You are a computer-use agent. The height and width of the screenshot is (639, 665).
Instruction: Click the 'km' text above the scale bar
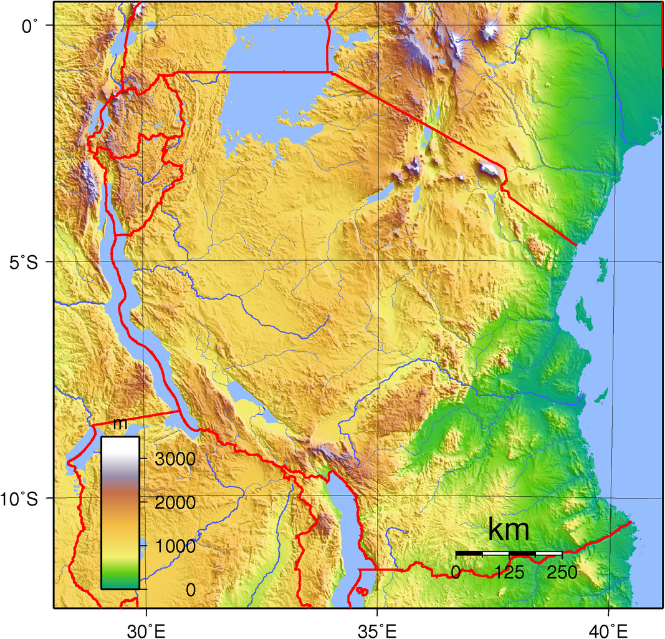click(x=509, y=530)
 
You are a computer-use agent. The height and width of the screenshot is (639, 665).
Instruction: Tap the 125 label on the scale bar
click(x=509, y=572)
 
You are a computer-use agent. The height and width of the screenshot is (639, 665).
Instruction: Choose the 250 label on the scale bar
click(x=562, y=572)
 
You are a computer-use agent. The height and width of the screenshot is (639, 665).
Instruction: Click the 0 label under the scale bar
click(x=456, y=572)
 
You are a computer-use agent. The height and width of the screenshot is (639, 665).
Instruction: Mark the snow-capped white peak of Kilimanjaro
click(x=491, y=169)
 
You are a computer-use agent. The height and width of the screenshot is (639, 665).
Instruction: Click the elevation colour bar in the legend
click(x=120, y=512)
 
